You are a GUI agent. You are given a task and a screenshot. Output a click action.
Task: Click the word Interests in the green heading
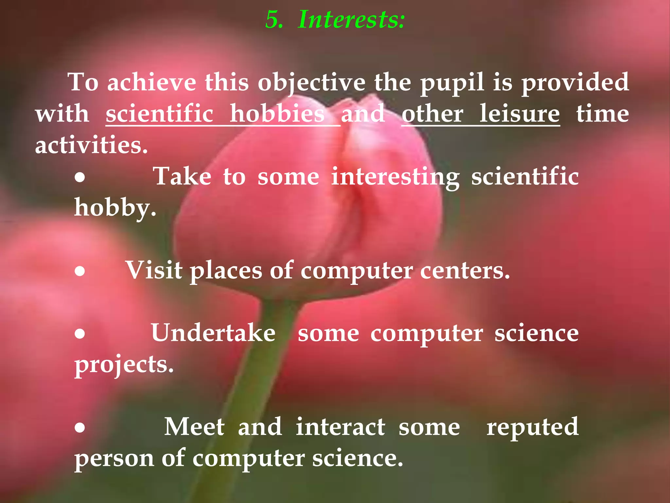point(351,20)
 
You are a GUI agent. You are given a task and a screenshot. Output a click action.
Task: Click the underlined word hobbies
point(277,114)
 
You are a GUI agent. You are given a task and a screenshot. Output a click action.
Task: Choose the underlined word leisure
point(520,114)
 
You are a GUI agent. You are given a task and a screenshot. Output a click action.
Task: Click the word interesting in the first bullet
point(395,177)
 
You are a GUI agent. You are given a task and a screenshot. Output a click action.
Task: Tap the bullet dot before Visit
point(80,271)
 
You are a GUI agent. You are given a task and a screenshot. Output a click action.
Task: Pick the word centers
point(465,271)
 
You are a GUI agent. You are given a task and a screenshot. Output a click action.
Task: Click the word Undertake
point(213,333)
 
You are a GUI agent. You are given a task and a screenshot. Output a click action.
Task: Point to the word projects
point(124,365)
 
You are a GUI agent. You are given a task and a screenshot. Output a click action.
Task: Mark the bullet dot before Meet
point(80,427)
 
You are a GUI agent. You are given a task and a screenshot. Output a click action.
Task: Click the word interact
point(340,427)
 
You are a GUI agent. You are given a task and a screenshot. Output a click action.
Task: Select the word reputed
point(532,428)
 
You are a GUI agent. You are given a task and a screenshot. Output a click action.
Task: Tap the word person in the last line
point(114,458)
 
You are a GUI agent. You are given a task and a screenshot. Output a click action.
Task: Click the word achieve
point(152,83)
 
